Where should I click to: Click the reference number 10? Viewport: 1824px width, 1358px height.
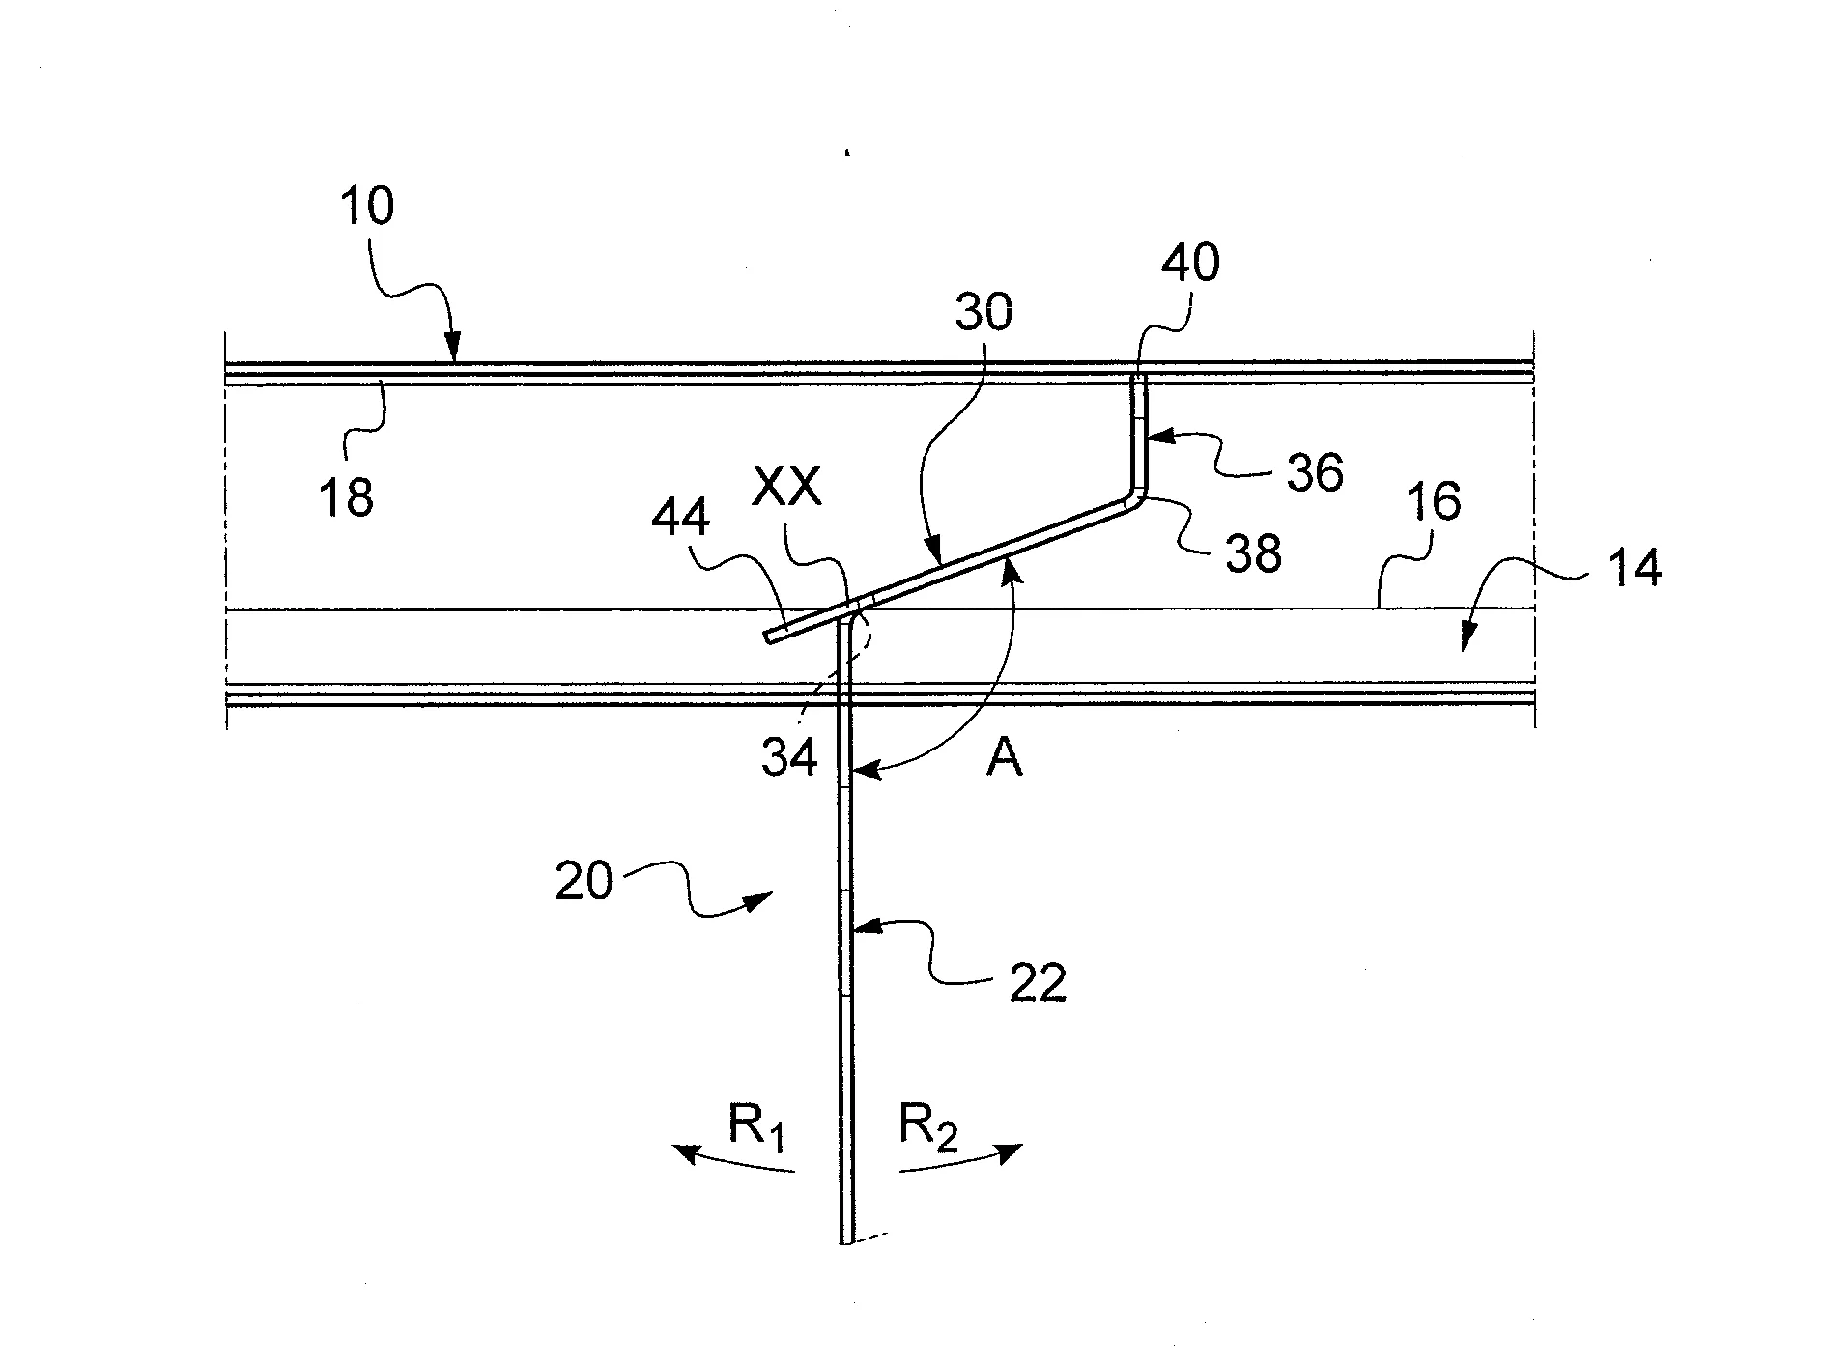pyautogui.click(x=366, y=207)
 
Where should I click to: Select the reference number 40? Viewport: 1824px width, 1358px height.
pyautogui.click(x=1190, y=262)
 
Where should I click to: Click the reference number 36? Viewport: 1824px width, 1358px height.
pyautogui.click(x=1315, y=473)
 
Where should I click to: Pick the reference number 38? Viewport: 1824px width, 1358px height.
pyautogui.click(x=1253, y=552)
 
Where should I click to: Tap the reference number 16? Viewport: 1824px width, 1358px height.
pyautogui.click(x=1434, y=503)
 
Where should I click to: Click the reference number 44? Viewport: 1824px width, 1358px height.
pyautogui.click(x=680, y=519)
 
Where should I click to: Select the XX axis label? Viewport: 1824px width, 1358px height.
pyautogui.click(x=788, y=488)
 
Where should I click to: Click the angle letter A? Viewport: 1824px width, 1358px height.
pyautogui.click(x=1005, y=760)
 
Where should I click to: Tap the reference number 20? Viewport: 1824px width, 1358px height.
pyautogui.click(x=584, y=881)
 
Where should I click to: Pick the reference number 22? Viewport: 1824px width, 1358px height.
pyautogui.click(x=1038, y=982)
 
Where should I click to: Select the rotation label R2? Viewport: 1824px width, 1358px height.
pyautogui.click(x=928, y=1128)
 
